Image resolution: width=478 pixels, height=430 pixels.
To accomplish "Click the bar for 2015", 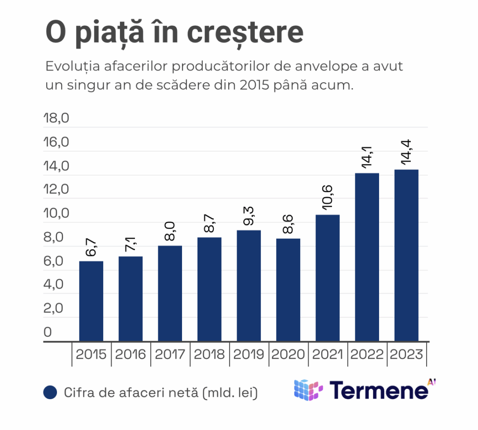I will coord(91,301).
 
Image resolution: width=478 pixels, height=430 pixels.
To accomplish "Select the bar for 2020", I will coord(288,290).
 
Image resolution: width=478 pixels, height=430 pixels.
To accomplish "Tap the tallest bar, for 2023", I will coord(406,255).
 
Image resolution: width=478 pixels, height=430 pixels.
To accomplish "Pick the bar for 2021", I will coord(327,278).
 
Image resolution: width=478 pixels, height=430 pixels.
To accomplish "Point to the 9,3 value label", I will coord(248,216).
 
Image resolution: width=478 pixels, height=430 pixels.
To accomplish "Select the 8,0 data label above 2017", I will coord(170,232).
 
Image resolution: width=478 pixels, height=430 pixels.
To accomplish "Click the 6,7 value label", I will coord(91,247).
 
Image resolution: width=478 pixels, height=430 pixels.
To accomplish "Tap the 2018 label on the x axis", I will coord(209,354).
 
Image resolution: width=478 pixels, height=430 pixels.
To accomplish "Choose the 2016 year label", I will coord(130,354).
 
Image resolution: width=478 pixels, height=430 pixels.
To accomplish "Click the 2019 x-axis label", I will coord(248,354).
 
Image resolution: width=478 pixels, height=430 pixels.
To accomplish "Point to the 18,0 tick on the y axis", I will coord(56,118).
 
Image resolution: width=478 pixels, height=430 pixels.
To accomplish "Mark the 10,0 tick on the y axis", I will coord(56,214).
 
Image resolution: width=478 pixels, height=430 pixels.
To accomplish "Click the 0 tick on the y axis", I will coord(48,332).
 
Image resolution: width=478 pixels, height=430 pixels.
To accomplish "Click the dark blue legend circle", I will coord(49,393).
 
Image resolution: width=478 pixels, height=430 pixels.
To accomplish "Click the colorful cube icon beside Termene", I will coord(308,390).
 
